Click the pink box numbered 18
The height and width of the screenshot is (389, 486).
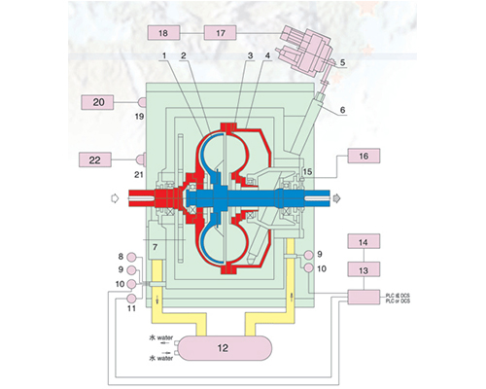pos(163,33)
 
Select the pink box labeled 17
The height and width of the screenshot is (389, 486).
pos(221,33)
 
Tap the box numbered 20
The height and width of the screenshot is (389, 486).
pos(97,102)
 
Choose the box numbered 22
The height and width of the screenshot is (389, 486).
pos(95,159)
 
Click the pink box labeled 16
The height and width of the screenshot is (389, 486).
pos(364,156)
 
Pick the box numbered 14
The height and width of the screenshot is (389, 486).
pos(364,241)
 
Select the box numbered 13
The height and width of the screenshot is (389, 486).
pos(364,269)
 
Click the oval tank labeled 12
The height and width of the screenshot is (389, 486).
pos(223,348)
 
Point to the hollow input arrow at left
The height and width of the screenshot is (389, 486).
pos(115,197)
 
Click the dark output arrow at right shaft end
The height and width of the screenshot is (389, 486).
pos(337,197)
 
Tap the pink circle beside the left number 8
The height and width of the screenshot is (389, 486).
pos(131,258)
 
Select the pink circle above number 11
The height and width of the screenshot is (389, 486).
pos(131,299)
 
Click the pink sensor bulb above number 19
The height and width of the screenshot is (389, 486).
pos(142,102)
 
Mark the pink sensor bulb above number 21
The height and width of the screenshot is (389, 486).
pos(141,159)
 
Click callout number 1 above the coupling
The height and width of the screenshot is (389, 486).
pos(164,55)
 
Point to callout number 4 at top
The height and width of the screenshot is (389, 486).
pos(267,55)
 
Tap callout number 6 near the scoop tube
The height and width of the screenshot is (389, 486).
pos(342,110)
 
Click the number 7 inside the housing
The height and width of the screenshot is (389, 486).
pos(155,247)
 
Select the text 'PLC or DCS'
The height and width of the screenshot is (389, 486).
pos(398,301)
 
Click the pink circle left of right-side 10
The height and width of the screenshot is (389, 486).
pos(308,268)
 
